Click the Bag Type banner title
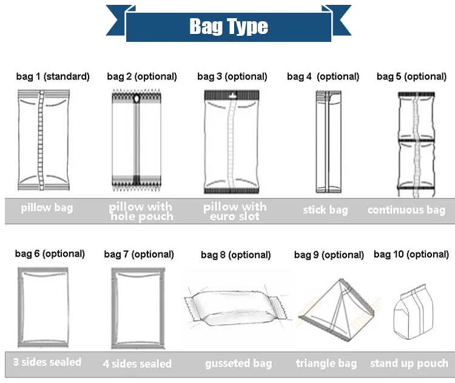(x=229, y=27)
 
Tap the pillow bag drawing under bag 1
(x=44, y=140)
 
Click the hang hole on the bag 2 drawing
(x=136, y=99)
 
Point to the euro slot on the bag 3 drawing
(x=232, y=95)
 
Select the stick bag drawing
(x=328, y=141)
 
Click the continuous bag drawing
(x=416, y=144)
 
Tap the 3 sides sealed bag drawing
(x=43, y=307)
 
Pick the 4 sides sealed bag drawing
(x=138, y=308)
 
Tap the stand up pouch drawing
(x=413, y=314)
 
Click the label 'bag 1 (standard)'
(x=53, y=76)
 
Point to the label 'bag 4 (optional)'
(x=323, y=76)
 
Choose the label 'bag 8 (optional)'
(x=235, y=255)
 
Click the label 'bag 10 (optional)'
(x=411, y=254)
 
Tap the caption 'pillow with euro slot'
(x=235, y=211)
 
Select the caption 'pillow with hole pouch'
(x=141, y=211)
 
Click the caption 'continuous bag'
(x=406, y=209)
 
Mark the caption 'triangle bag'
(x=326, y=363)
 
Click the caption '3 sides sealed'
(x=47, y=362)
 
